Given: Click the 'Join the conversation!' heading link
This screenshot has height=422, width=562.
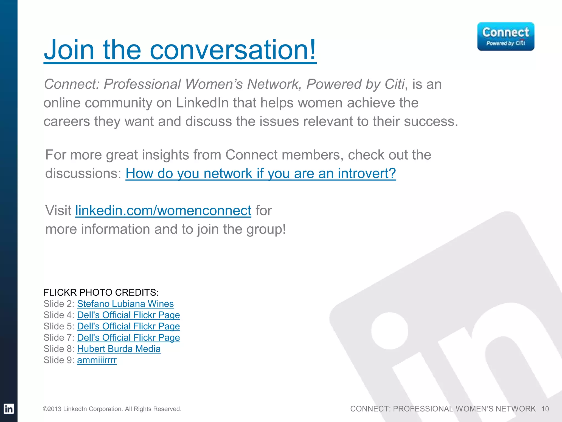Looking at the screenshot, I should pos(180,50).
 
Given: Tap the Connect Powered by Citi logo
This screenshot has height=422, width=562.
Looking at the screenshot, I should pos(505,36).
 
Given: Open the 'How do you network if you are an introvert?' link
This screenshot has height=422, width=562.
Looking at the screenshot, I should pos(261,173).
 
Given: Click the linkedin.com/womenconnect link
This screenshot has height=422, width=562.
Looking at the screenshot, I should pos(163,211).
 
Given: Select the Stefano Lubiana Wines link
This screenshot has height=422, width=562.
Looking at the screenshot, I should pos(125,304).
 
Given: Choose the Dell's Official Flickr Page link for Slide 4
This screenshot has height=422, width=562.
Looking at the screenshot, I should pos(128,315).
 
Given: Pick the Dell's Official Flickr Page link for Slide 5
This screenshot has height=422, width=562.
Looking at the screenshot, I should pos(128,326).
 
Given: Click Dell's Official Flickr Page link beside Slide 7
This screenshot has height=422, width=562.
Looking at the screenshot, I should pos(128,337).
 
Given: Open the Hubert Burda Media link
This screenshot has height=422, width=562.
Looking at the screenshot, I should pos(119,349).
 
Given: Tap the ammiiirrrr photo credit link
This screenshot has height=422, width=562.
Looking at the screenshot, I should pos(97,360).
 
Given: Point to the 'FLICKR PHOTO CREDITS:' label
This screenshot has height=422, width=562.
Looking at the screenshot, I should pos(101,292).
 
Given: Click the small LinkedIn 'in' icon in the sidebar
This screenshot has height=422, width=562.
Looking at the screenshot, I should pos(9,409).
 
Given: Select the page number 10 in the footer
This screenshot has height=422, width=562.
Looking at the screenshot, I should pos(545,409).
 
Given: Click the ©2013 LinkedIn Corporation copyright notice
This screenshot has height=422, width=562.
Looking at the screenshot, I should pos(112,409).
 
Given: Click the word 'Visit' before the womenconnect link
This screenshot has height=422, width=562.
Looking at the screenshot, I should pos(58,211).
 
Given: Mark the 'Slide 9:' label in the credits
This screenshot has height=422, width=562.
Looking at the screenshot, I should pos(59,360).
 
